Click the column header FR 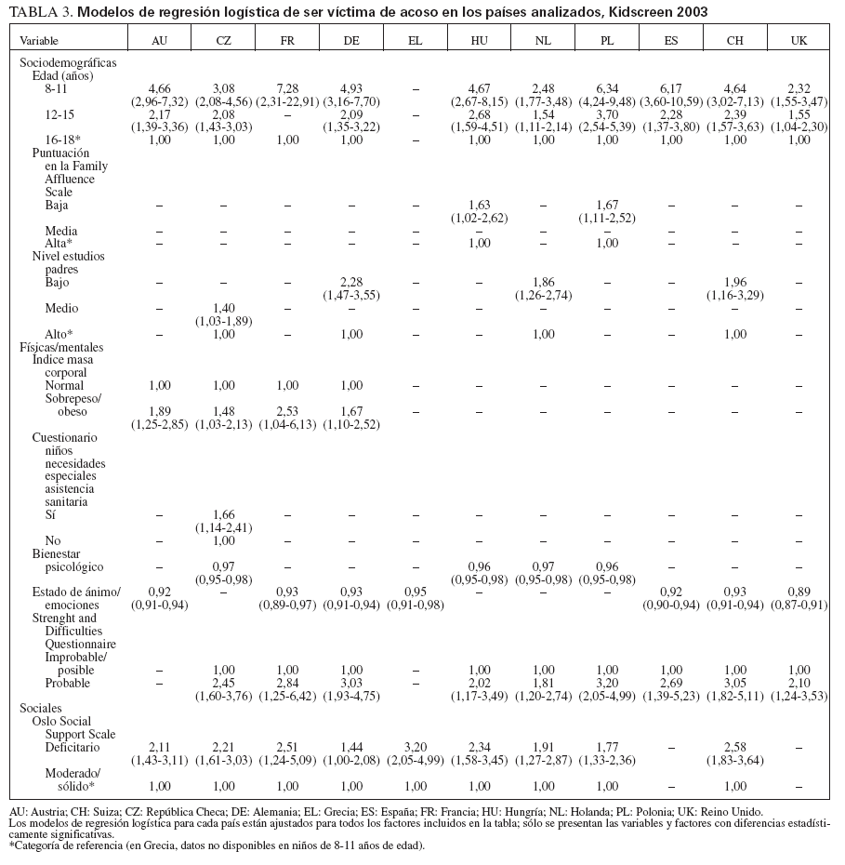[287, 42]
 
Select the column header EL [416, 42]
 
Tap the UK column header [799, 42]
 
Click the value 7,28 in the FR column [287, 89]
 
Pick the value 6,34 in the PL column [607, 89]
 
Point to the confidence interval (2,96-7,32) [159, 101]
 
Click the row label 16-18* [61, 140]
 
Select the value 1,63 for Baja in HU [480, 204]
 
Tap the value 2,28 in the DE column [351, 281]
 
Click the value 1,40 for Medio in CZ [223, 308]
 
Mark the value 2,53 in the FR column [287, 410]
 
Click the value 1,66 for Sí [223, 513]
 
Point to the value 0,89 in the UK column [799, 591]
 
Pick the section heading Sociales [41, 708]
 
